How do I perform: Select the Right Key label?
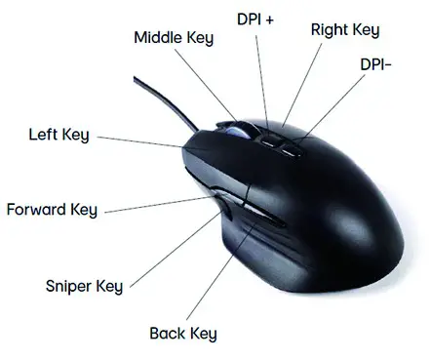pyautogui.click(x=343, y=28)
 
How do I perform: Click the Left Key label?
pyautogui.click(x=59, y=134)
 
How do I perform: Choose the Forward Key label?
pyautogui.click(x=51, y=209)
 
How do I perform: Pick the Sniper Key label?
pyautogui.click(x=84, y=286)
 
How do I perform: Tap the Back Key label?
pyautogui.click(x=181, y=334)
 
